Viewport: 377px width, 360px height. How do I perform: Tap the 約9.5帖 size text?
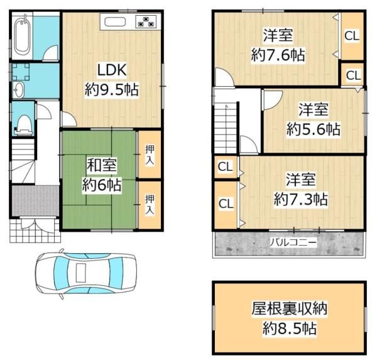(x=111, y=89)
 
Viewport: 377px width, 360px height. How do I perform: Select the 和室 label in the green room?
(x=100, y=166)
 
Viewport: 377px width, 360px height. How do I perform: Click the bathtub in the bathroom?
(x=20, y=36)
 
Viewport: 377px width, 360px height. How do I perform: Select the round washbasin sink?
(x=18, y=89)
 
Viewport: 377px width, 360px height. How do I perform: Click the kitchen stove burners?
(x=146, y=22)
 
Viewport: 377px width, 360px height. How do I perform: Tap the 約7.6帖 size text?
(x=278, y=55)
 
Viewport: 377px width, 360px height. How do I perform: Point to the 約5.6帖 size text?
(x=313, y=129)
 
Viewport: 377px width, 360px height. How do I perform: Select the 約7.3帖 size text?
(x=300, y=200)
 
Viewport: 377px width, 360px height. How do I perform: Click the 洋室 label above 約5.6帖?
(x=313, y=110)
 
